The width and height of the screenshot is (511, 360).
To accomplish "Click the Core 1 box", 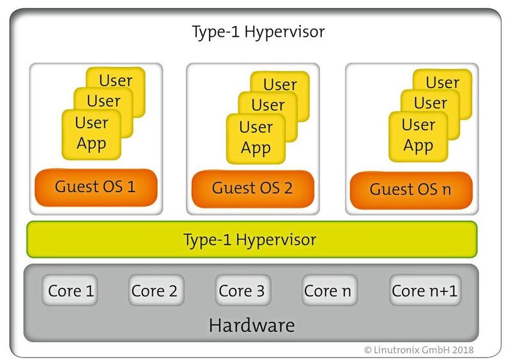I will (71, 291).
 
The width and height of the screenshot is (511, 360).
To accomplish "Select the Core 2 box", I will (154, 291).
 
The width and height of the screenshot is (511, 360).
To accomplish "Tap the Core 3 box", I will (241, 291).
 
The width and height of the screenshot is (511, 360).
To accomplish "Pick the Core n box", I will (328, 291).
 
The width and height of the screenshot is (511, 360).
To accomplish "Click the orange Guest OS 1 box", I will (96, 188).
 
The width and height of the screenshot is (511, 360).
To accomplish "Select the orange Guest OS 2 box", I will (252, 188).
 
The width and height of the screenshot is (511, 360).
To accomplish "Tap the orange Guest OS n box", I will (411, 190).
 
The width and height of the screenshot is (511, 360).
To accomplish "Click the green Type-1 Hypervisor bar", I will (251, 240).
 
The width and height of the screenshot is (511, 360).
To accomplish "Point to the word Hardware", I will (251, 326).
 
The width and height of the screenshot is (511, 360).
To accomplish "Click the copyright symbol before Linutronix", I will (368, 350).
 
